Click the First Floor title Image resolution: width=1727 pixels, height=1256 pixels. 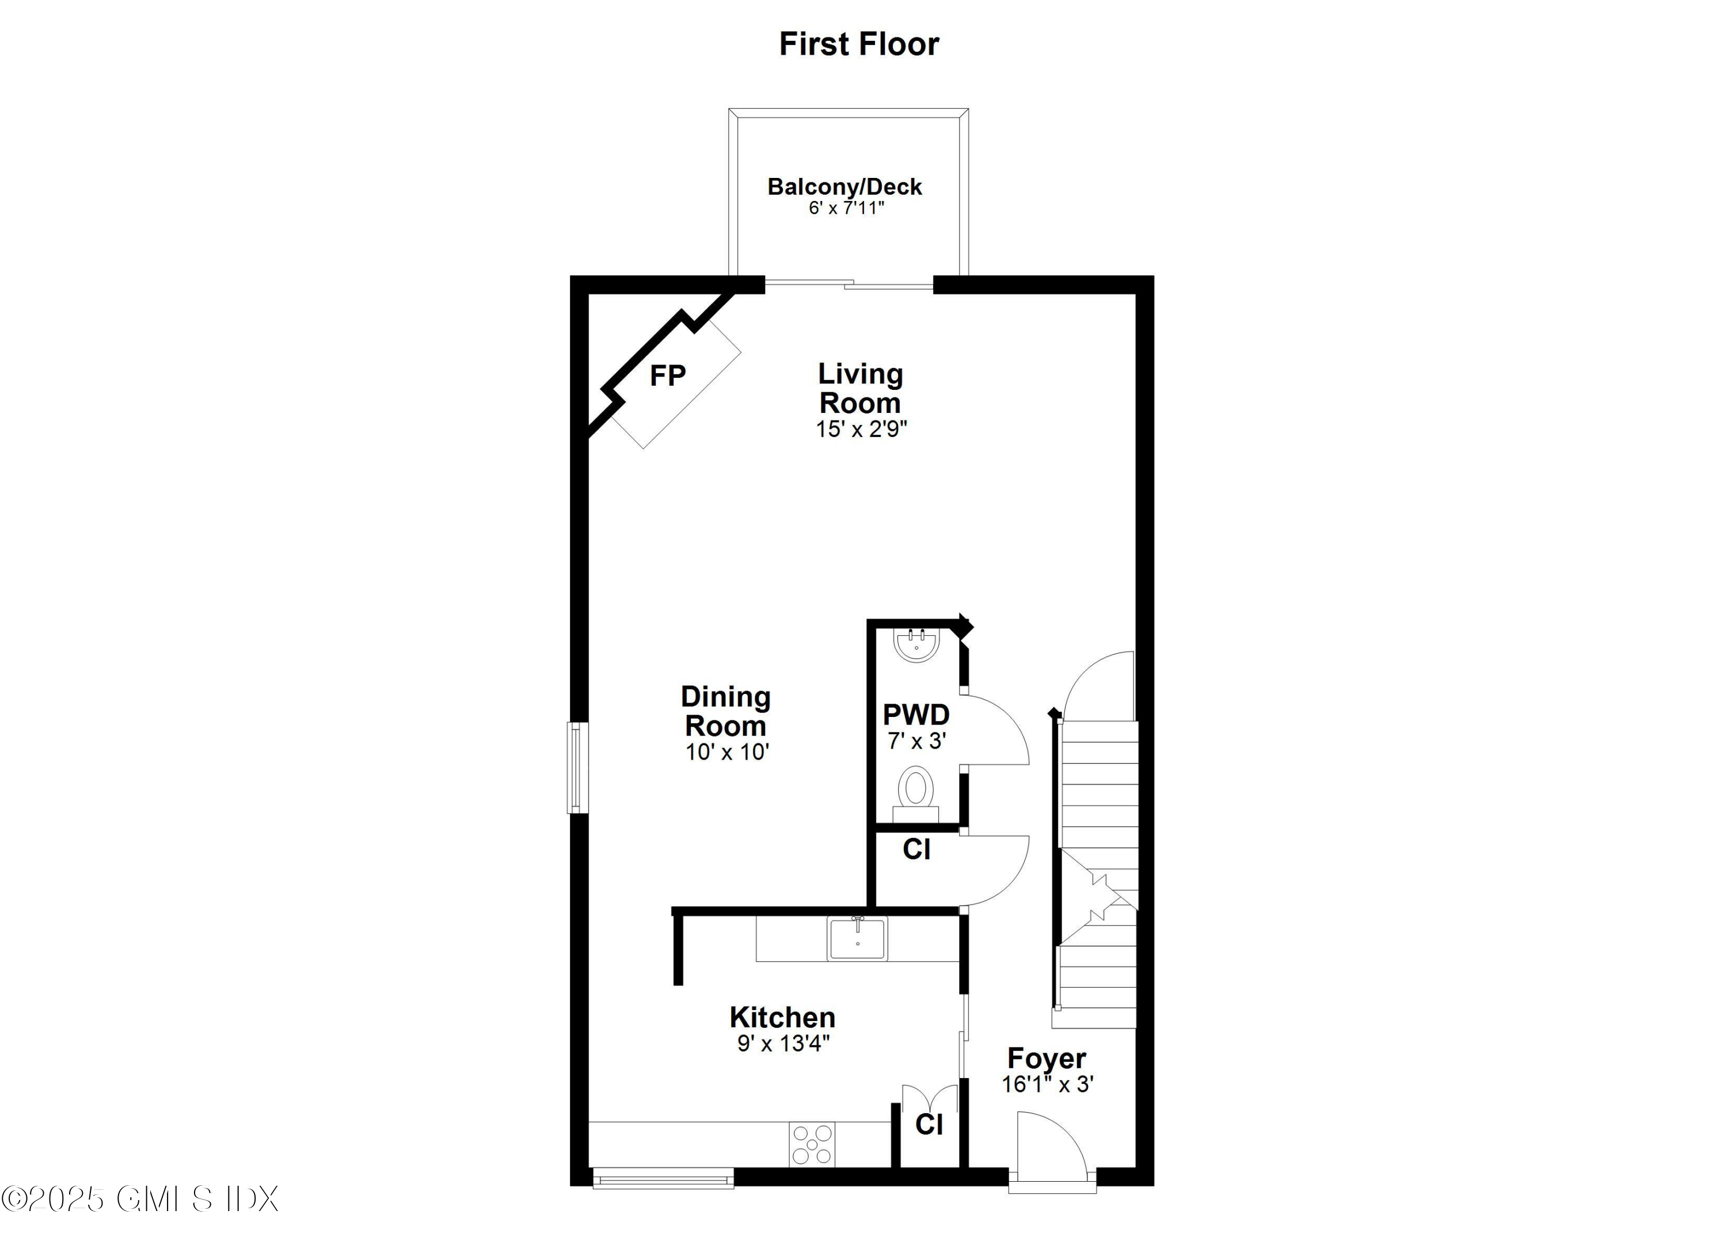(859, 44)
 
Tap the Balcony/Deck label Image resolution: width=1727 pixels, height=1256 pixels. (845, 187)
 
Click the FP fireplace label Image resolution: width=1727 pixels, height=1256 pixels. (667, 375)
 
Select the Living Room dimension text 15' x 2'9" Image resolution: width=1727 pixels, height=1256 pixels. (861, 429)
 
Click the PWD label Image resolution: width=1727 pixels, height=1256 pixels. (916, 715)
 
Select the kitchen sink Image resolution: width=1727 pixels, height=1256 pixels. (857, 938)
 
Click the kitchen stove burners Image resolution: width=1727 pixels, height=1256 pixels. (812, 1145)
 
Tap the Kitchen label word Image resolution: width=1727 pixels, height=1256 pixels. (782, 1018)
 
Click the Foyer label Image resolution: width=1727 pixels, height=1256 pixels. (1046, 1058)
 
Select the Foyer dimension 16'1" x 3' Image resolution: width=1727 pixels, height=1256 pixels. (1048, 1084)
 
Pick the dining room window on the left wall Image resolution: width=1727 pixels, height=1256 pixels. (578, 767)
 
